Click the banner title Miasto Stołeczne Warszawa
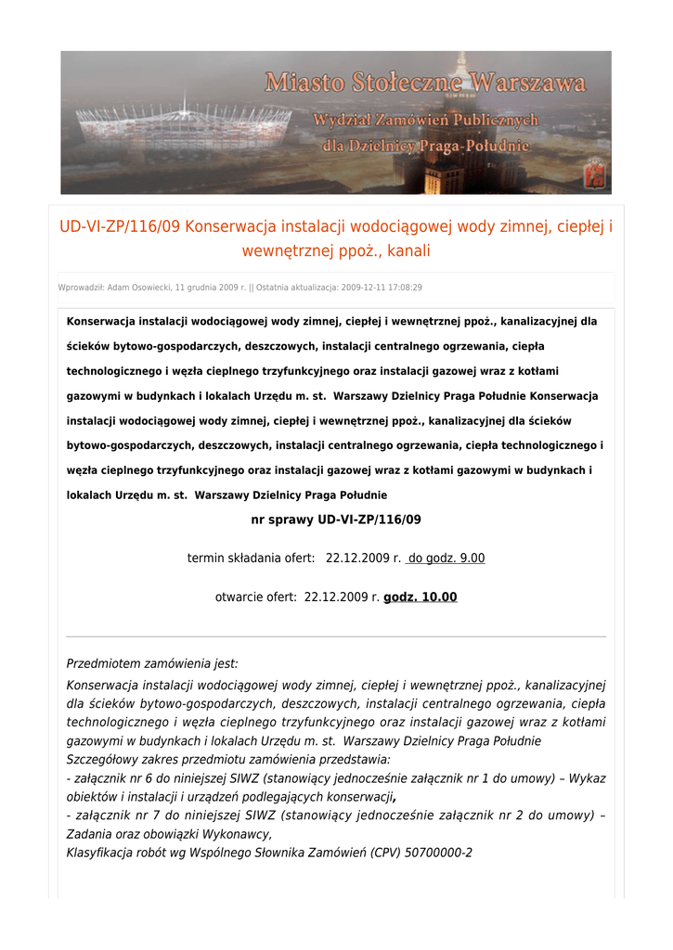coord(426,83)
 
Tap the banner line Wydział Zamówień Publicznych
coord(426,121)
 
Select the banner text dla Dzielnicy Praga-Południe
coord(426,146)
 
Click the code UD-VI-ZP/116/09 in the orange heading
coord(120,227)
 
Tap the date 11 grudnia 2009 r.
coord(211,288)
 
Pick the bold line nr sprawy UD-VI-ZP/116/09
coord(336,520)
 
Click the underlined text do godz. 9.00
coord(446,558)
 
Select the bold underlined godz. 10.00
coord(420,597)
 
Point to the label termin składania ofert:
coord(251,558)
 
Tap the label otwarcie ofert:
coord(255,597)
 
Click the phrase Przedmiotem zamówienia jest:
coord(152,663)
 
